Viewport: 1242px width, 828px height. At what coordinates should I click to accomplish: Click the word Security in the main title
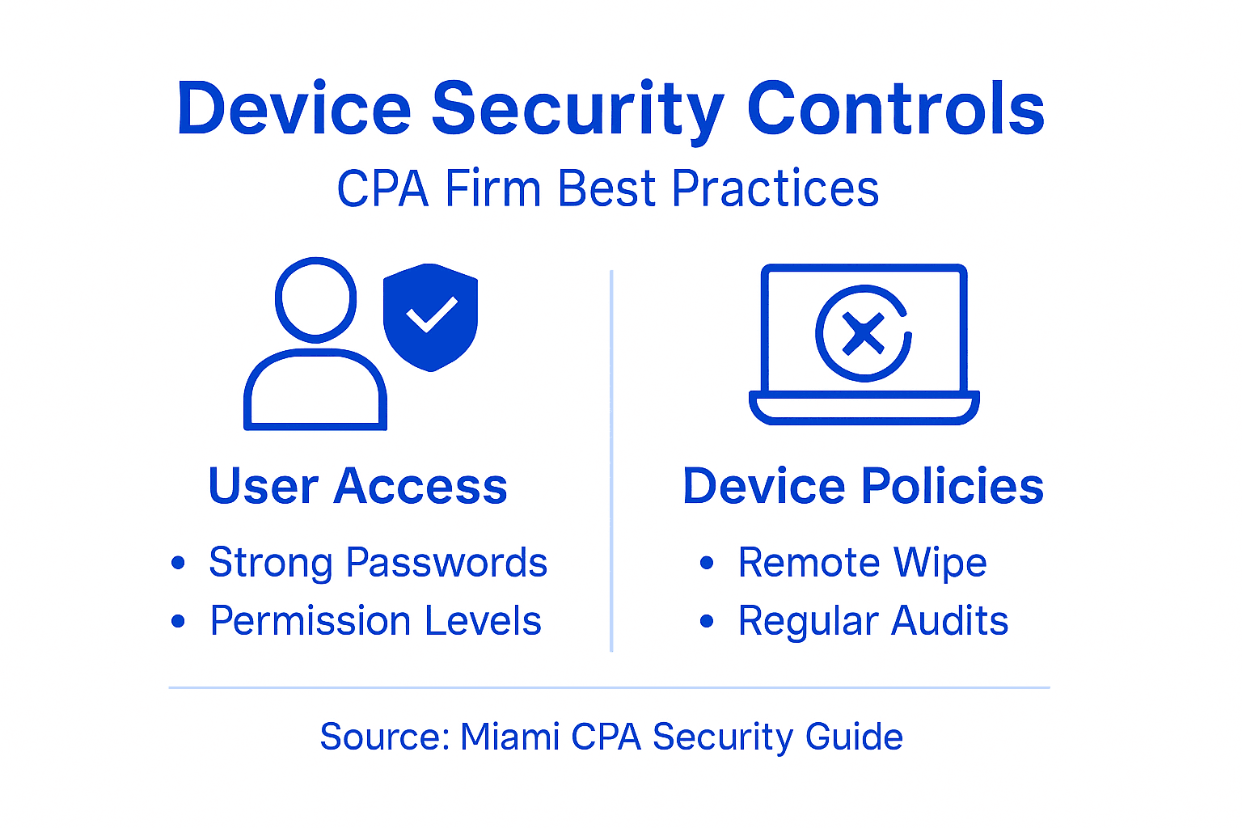coord(577,110)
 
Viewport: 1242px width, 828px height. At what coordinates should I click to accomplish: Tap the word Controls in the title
coord(895,108)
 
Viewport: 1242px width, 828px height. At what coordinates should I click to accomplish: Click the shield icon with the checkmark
coord(431,316)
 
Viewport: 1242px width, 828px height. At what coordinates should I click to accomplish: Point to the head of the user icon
coord(315,299)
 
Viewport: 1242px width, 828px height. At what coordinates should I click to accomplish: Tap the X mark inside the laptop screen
coord(863,333)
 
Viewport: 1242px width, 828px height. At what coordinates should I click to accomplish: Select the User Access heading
coord(357,487)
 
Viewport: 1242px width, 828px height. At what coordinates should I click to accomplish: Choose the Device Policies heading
coord(863,487)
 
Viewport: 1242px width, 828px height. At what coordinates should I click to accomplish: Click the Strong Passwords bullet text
coord(378,563)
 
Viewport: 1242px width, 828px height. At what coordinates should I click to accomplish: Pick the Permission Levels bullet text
coord(375,621)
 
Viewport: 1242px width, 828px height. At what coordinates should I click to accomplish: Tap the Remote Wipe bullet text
coord(862,563)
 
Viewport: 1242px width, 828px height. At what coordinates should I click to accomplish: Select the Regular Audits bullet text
coord(872,621)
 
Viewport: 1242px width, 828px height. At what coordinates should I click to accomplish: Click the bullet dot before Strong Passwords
coord(179,563)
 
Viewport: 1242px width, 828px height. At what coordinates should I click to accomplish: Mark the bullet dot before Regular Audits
coord(707,621)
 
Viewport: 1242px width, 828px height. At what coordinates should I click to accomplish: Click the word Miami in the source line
coord(509,737)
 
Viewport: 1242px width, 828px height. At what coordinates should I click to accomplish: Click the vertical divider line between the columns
coord(611,461)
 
